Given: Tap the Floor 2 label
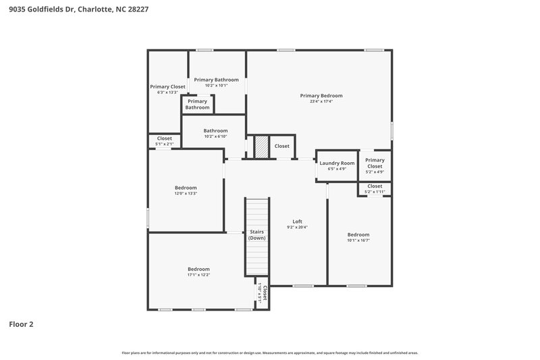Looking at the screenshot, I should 21,324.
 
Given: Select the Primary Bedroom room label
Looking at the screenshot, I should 321,96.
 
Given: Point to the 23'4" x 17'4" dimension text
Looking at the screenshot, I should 321,102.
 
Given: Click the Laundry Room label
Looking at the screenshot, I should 337,163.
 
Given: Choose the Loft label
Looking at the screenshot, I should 297,221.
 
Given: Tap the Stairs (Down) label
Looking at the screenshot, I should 256,234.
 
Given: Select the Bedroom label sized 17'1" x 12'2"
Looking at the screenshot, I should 198,269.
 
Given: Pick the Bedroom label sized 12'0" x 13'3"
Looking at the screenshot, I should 186,187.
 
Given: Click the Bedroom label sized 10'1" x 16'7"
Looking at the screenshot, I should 358,234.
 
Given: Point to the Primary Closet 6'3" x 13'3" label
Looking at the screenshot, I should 167,86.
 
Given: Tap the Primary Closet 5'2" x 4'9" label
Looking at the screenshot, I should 375,163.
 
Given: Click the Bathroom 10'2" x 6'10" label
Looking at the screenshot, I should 216,130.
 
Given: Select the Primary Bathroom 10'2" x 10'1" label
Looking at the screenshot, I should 216,80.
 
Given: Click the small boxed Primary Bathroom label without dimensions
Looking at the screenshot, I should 197,104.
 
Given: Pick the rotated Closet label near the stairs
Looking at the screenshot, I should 265,294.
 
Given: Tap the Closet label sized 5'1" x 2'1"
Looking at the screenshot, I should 165,138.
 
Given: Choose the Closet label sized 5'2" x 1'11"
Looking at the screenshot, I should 375,186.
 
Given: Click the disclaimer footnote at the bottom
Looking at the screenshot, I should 270,353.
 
